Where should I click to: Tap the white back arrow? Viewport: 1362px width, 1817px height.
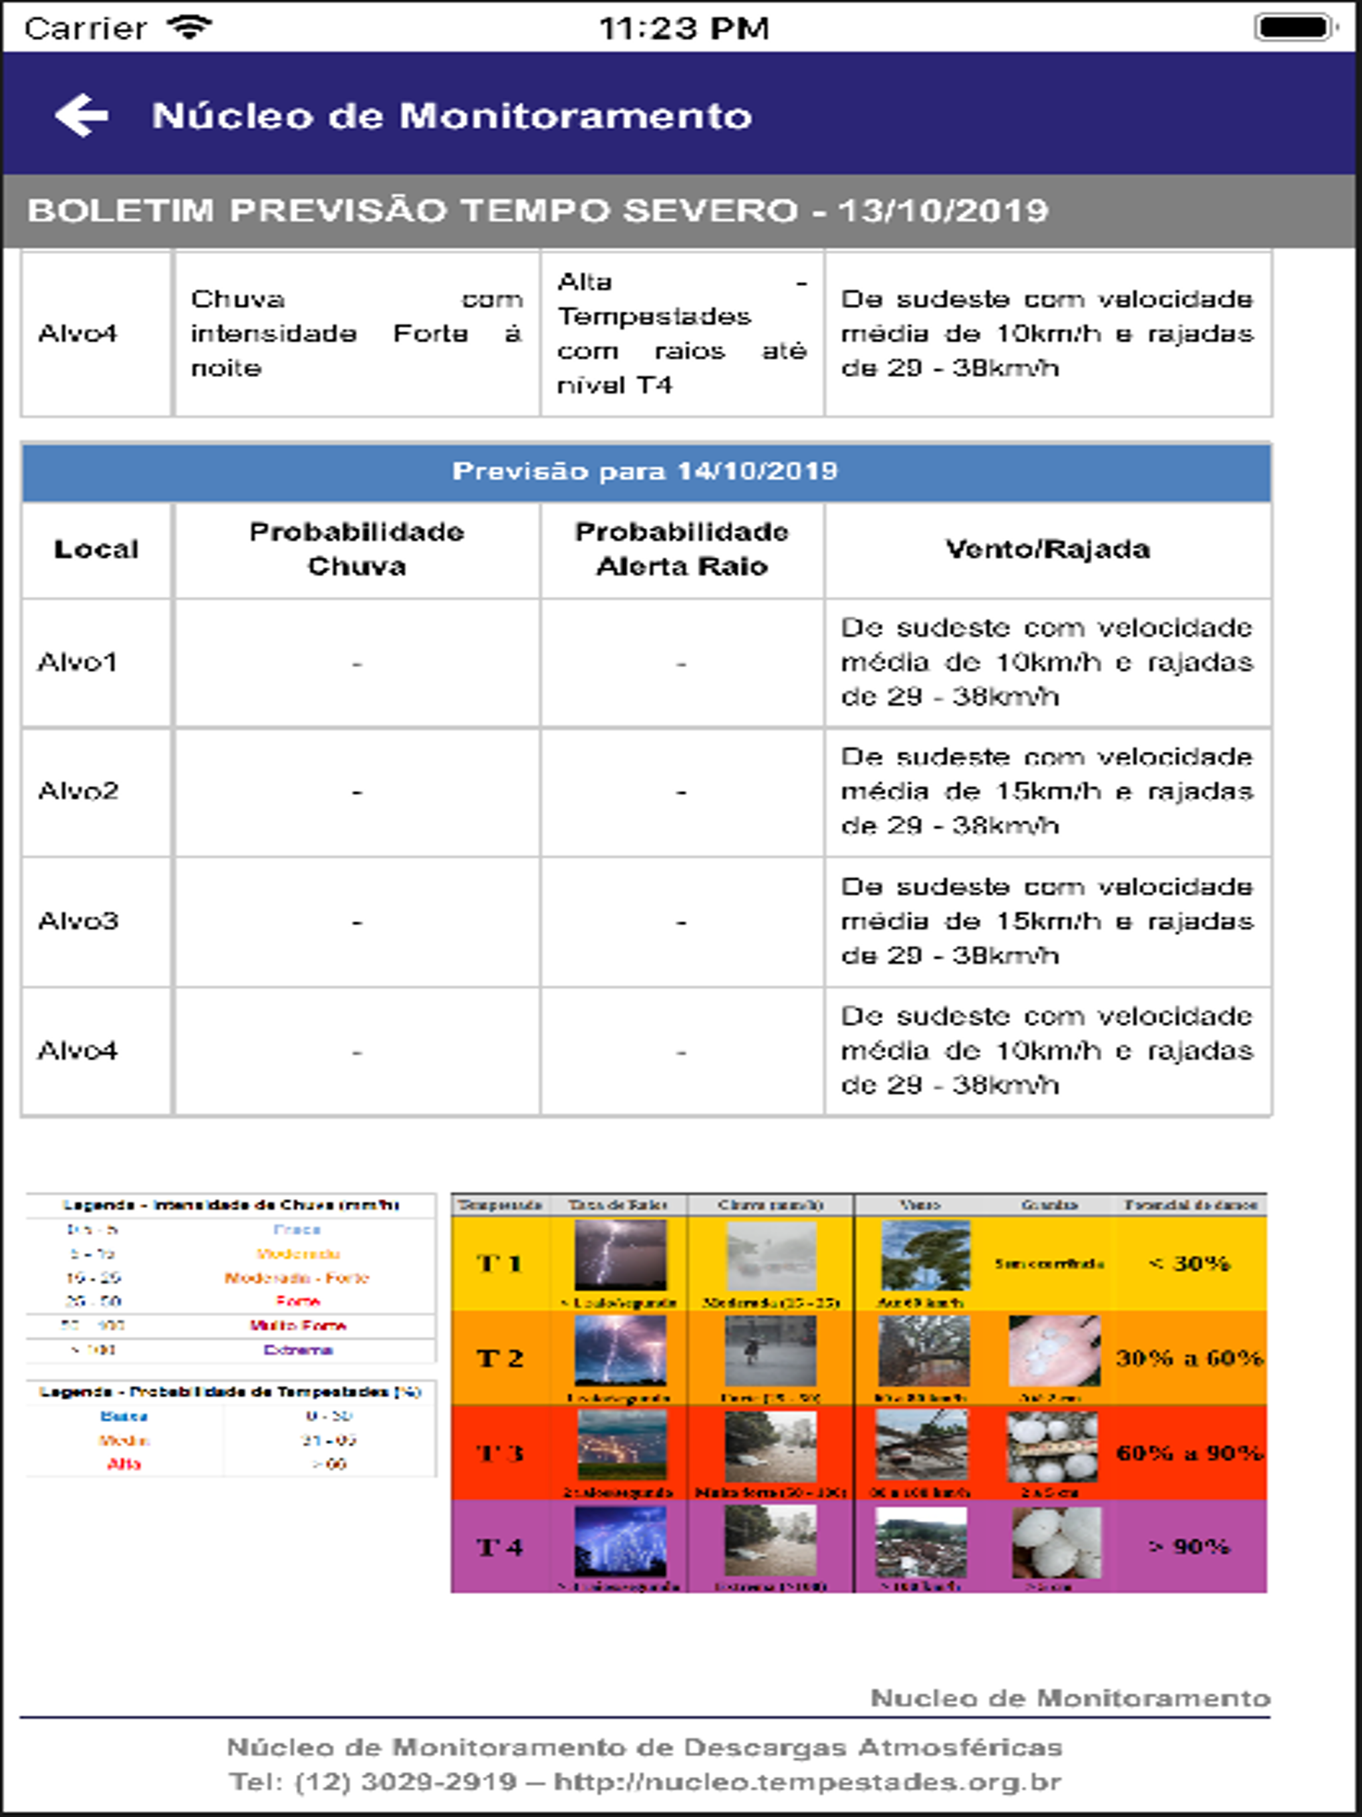(81, 115)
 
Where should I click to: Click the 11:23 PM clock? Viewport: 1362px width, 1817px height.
(684, 29)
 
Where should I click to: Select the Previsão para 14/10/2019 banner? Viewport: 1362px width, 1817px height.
(646, 472)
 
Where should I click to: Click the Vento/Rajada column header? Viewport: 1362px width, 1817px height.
(1047, 549)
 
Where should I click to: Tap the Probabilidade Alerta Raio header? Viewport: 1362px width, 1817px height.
(681, 549)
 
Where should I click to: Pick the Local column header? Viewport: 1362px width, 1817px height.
(96, 549)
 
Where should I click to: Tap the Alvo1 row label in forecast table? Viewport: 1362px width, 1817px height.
(78, 662)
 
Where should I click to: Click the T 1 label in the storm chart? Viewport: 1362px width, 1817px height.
(499, 1264)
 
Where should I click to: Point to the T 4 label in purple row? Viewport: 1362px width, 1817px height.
(499, 1548)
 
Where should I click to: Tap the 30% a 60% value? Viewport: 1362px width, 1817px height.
(1188, 1358)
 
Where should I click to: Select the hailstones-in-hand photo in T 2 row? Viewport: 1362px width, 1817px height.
(1054, 1351)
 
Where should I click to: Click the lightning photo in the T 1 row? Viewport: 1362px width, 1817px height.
(620, 1255)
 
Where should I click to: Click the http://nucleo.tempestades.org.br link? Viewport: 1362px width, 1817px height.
(807, 1782)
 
